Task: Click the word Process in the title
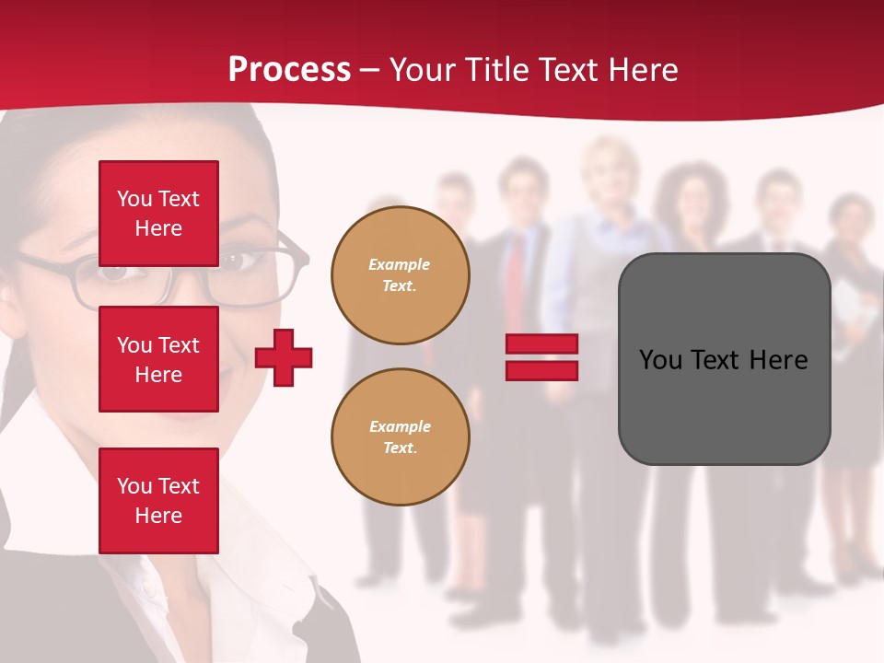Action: pyautogui.click(x=289, y=70)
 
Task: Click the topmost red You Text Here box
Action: pyautogui.click(x=158, y=214)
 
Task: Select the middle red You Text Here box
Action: pyautogui.click(x=158, y=359)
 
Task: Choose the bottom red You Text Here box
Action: pyautogui.click(x=158, y=500)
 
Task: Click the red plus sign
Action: pyautogui.click(x=284, y=357)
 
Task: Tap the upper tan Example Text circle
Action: pyautogui.click(x=400, y=275)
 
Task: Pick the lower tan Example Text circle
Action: pyautogui.click(x=400, y=437)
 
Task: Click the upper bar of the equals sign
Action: pyautogui.click(x=541, y=343)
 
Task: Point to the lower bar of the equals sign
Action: pyautogui.click(x=541, y=370)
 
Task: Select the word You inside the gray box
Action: pyautogui.click(x=660, y=360)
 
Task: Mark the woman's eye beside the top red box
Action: pyautogui.click(x=231, y=262)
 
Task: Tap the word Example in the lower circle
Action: pyautogui.click(x=400, y=426)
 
